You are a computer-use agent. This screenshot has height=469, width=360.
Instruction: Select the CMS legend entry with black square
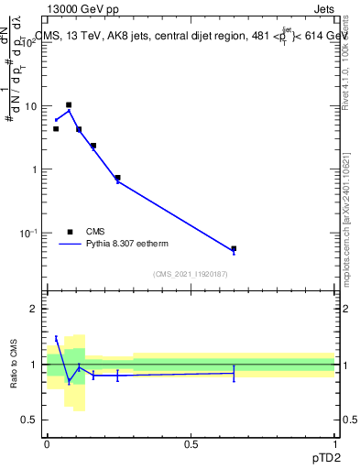tap(95, 232)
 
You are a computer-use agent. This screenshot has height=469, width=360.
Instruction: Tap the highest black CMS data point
tap(69, 105)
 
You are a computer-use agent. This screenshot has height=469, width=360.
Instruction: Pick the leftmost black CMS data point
tap(56, 129)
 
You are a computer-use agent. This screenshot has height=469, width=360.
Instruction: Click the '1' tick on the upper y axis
tap(34, 169)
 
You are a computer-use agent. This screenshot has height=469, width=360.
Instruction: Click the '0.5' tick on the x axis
tap(191, 444)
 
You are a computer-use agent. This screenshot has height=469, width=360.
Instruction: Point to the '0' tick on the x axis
tap(47, 444)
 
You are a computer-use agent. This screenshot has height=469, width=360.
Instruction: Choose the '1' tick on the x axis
tap(334, 444)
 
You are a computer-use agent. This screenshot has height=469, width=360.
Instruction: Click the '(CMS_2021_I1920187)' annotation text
tap(191, 275)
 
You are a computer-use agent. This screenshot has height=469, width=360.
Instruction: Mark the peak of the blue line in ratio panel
tap(56, 338)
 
